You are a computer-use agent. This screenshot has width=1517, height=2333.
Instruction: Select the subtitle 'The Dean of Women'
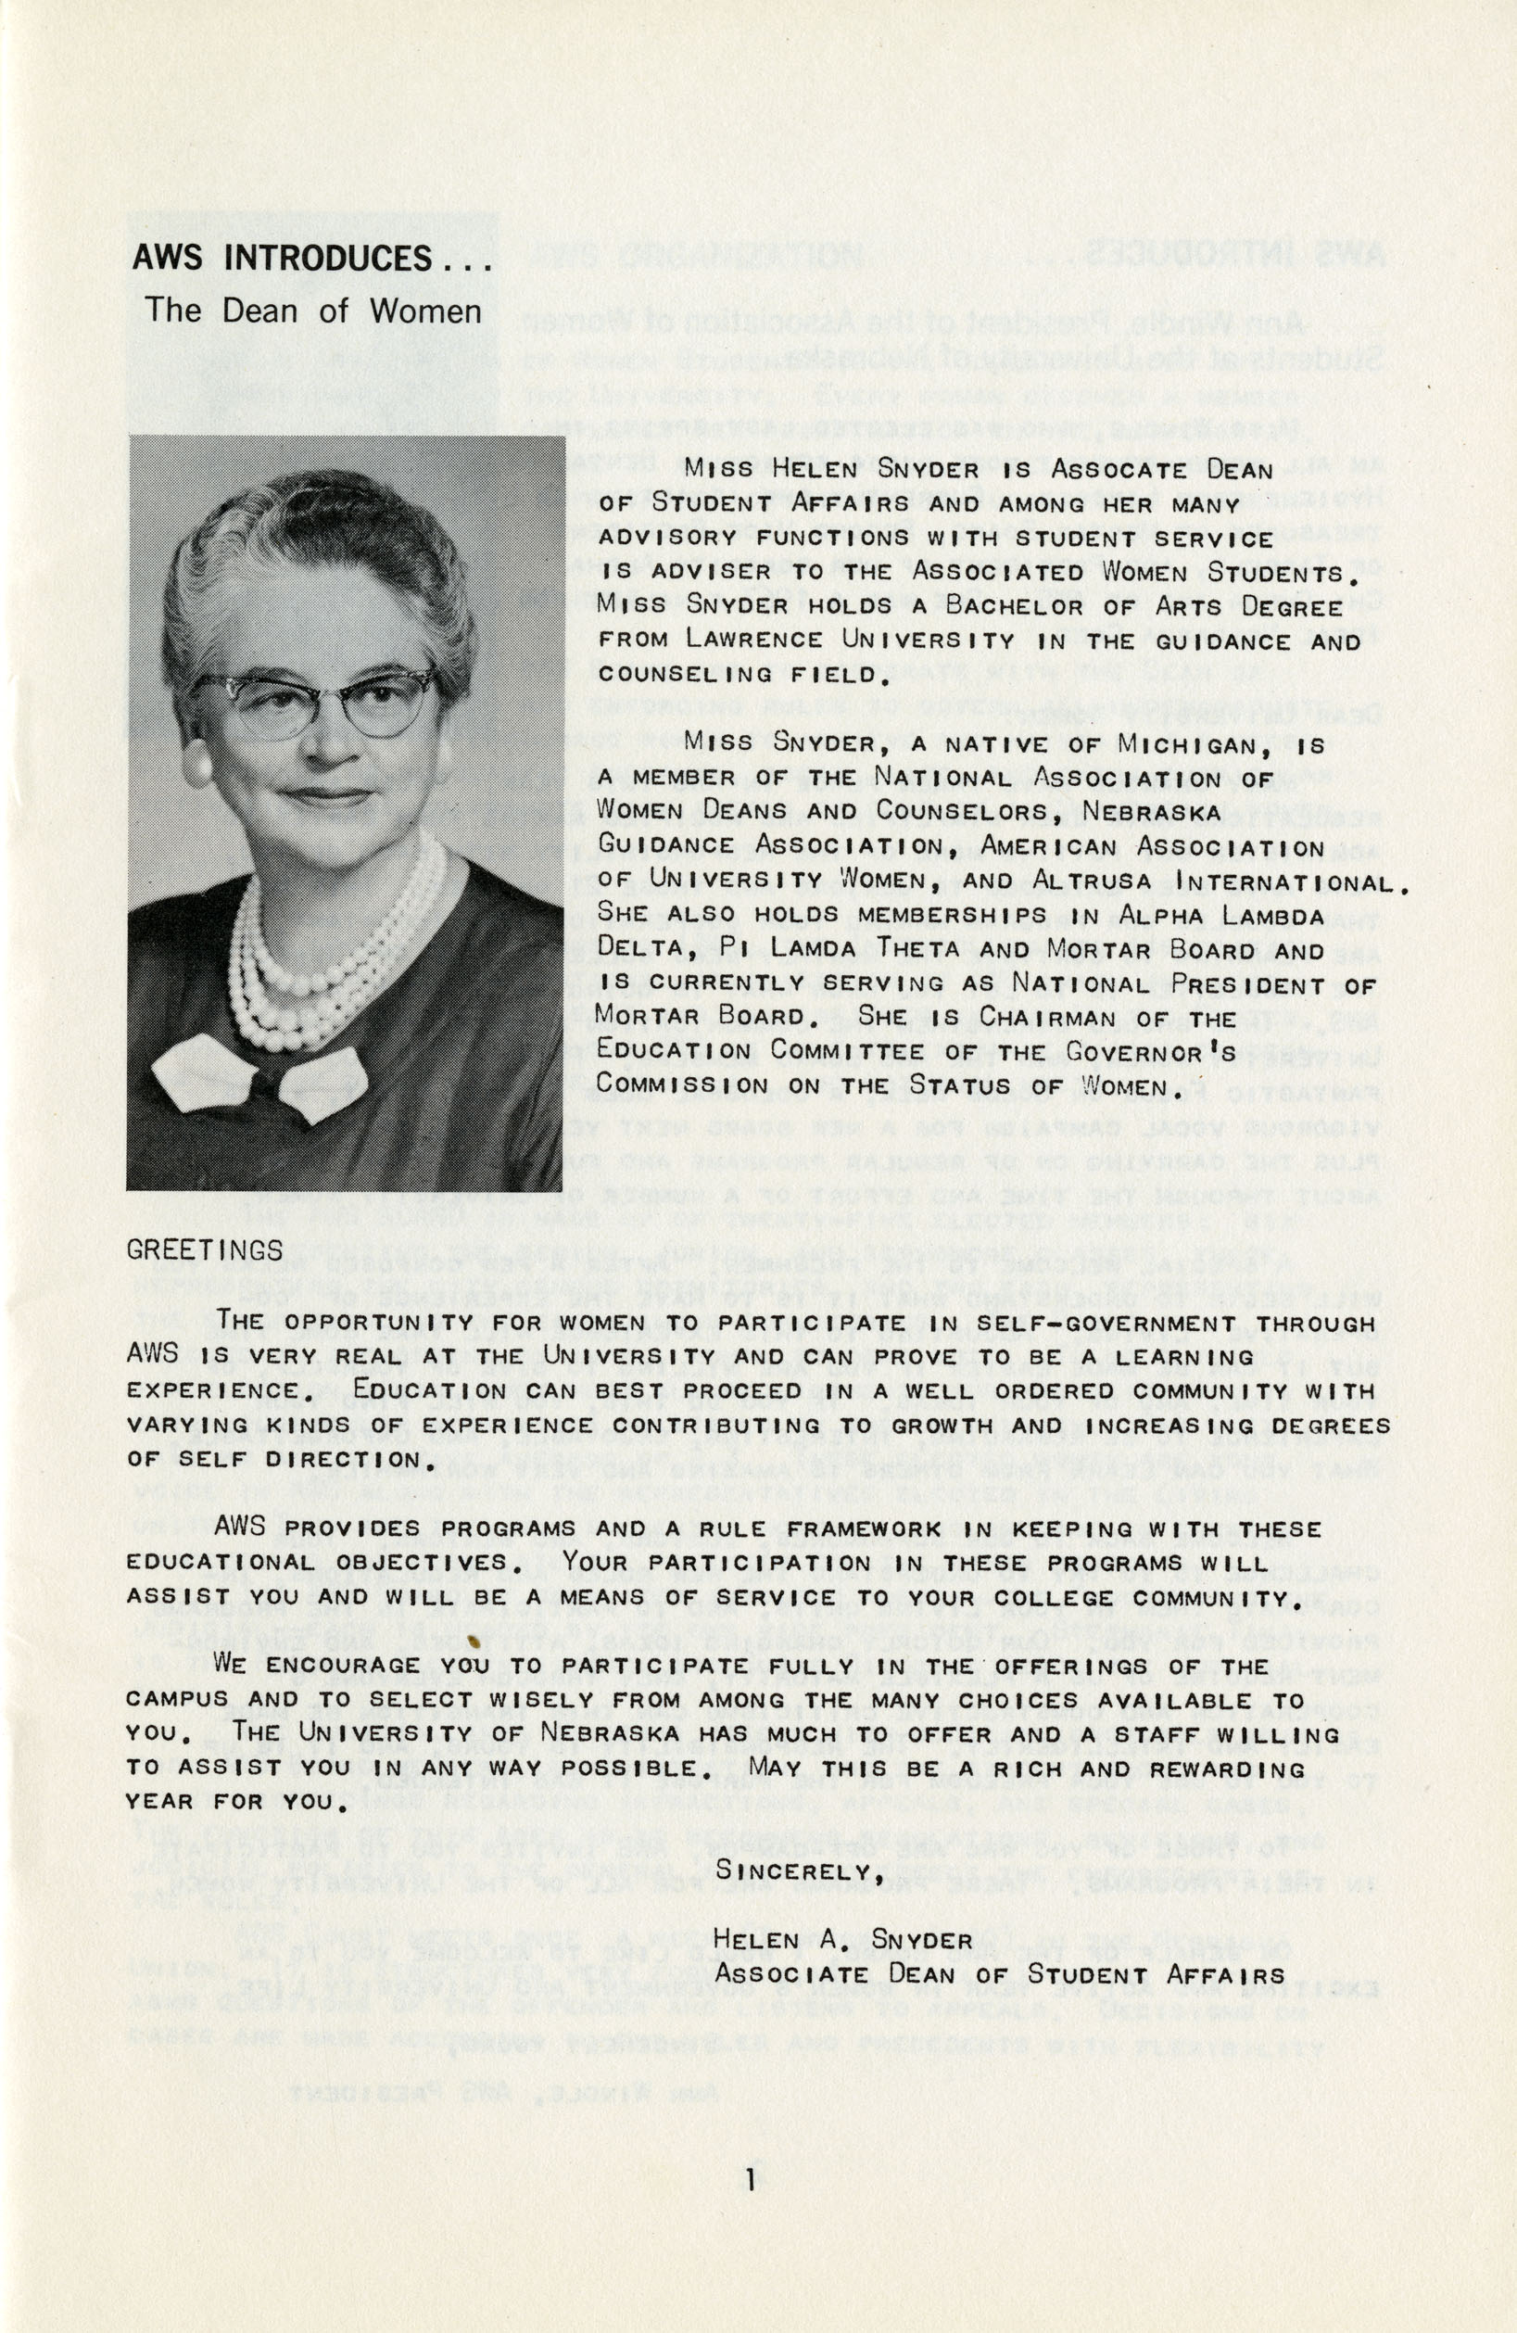coord(312,311)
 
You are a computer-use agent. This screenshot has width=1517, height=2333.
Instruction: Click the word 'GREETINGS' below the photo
coord(205,1249)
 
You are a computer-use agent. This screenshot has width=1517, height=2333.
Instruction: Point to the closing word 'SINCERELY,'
coord(800,1870)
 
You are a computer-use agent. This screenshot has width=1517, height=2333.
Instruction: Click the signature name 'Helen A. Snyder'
coord(842,1939)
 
